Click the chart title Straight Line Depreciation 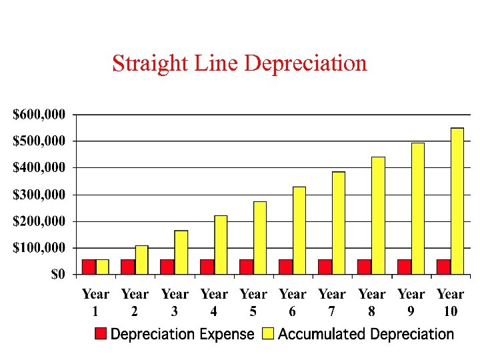pos(239,63)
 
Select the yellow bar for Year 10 pos(457,201)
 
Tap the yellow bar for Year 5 pos(259,237)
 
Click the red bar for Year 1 pos(89,267)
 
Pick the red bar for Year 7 pos(325,267)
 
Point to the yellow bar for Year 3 pos(181,252)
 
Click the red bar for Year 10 pos(443,267)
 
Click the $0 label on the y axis pos(59,275)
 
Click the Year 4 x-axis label pos(214,302)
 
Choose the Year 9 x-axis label pos(411,302)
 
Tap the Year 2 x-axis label pos(135,302)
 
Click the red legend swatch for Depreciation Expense pos(101,334)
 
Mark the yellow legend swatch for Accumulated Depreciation pos(268,334)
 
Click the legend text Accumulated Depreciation pos(366,334)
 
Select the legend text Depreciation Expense pos(183,334)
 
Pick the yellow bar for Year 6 pos(299,230)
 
